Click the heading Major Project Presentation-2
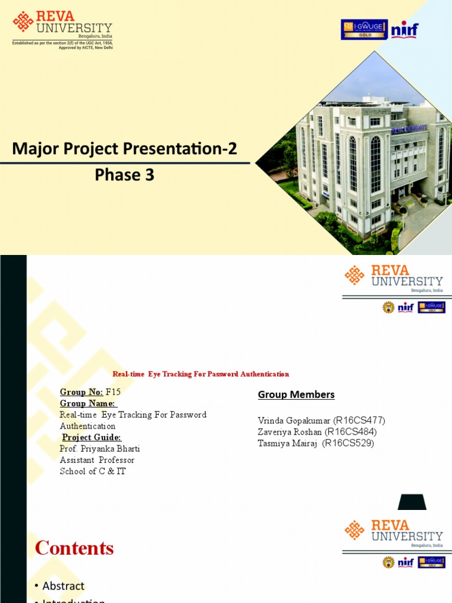point(125,149)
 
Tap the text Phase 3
point(125,175)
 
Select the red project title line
point(201,374)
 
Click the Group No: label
point(81,392)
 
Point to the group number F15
point(117,392)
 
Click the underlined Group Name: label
point(88,403)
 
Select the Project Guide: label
point(92,437)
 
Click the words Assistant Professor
point(97,460)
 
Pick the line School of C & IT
point(93,471)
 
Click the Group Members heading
point(296,395)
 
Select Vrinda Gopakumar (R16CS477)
point(321,420)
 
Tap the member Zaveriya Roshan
point(290,432)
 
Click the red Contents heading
point(74,548)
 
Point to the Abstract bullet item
point(63,586)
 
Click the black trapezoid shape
point(412,502)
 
